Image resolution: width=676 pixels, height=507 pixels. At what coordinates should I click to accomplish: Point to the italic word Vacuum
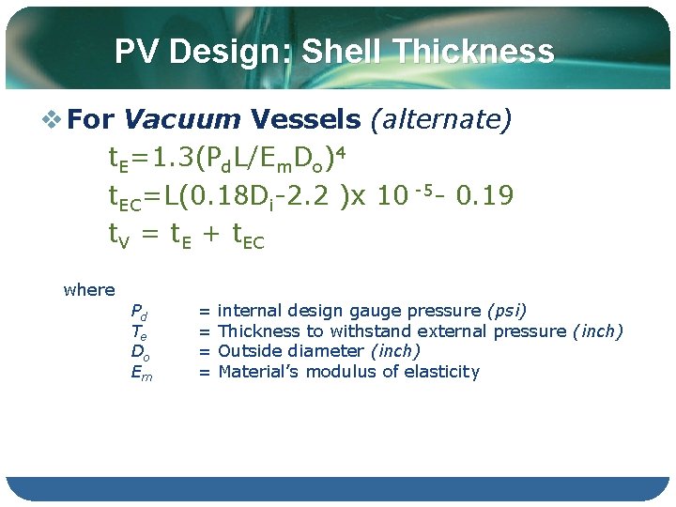point(182,119)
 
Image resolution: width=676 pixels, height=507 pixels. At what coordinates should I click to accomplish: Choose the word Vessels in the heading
point(305,119)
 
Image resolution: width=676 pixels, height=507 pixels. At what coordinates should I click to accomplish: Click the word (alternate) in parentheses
point(441,119)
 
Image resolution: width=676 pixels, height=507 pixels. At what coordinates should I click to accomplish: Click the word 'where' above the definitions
point(89,290)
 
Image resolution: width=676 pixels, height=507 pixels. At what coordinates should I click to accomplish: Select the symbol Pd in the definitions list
point(138,312)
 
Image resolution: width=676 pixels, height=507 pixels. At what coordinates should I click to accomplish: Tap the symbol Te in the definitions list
point(138,332)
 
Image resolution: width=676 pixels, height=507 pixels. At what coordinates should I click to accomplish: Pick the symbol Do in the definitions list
point(138,352)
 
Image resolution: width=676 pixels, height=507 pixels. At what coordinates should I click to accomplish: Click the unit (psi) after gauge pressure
point(506,311)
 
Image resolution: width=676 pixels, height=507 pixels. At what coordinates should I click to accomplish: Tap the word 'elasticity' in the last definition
point(441,372)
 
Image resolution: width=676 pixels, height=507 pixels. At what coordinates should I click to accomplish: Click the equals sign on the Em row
point(204,372)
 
